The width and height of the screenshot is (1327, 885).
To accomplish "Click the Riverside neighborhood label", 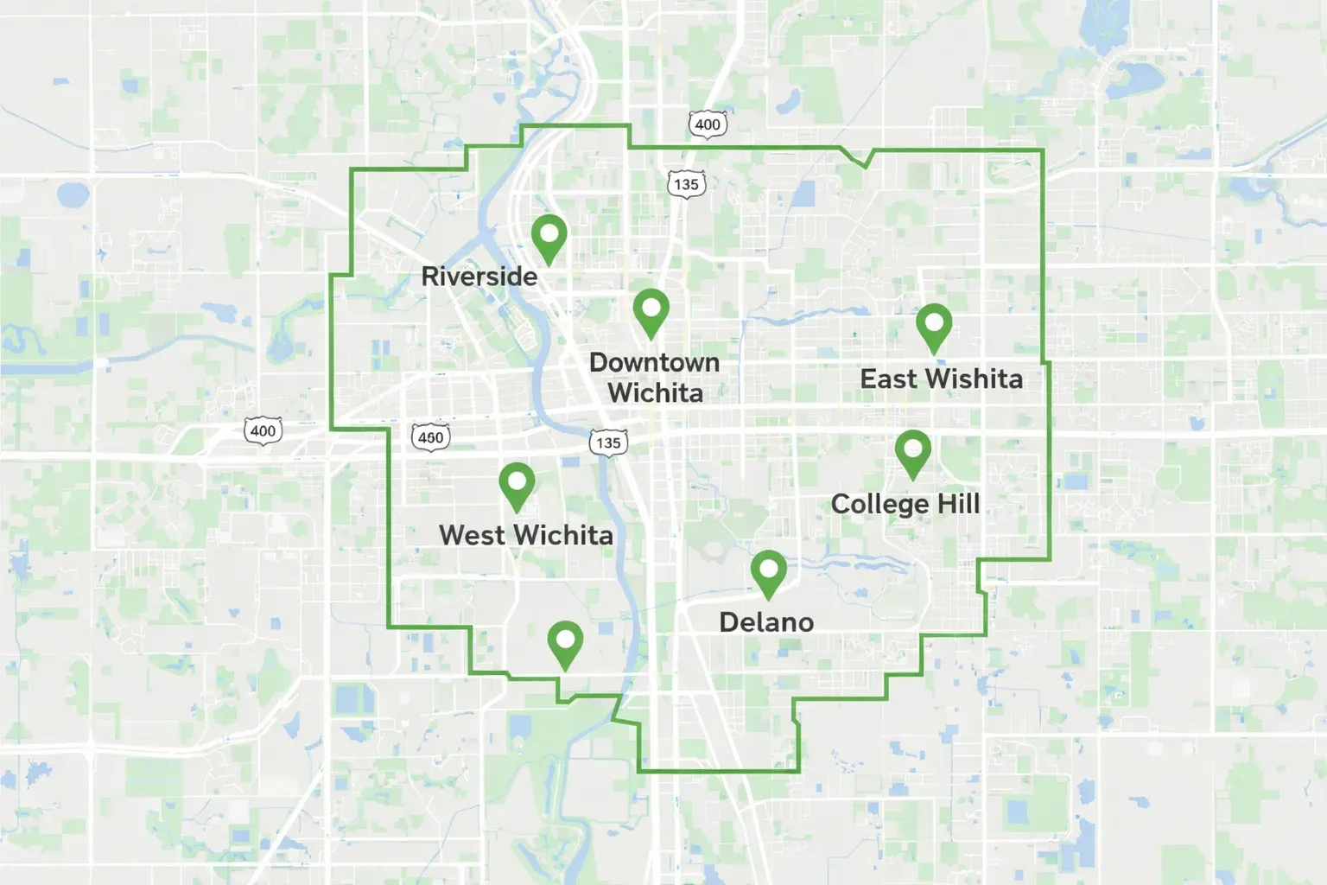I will [x=479, y=277].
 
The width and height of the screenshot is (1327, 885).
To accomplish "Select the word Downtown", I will [x=654, y=362].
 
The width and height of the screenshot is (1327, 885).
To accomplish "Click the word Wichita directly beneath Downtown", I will [x=655, y=393].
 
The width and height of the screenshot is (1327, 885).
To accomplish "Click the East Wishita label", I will [x=941, y=379].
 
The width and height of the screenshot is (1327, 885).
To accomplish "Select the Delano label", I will [x=766, y=622].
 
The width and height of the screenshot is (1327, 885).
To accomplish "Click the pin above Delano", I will [x=767, y=571].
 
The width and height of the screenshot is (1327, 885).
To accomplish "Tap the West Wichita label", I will [x=525, y=535].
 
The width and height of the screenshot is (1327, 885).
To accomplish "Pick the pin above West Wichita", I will [x=517, y=483].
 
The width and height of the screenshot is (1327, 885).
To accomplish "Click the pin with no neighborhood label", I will [x=565, y=642].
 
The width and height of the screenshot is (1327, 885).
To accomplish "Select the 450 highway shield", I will [x=430, y=437].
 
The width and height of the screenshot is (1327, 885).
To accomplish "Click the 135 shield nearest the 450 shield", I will [x=608, y=442].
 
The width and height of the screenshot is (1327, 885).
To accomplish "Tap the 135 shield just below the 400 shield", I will [x=686, y=184].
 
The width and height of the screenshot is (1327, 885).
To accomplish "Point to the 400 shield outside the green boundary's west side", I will [x=263, y=430].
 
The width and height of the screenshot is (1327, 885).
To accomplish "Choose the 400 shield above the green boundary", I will [x=707, y=124].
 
